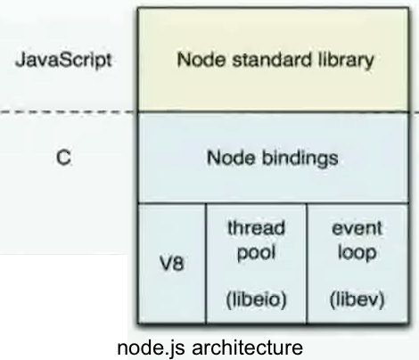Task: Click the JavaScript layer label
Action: click(x=63, y=61)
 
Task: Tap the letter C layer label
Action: click(x=63, y=158)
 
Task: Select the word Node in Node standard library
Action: click(x=201, y=60)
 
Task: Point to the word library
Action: click(x=346, y=61)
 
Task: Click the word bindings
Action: click(x=300, y=158)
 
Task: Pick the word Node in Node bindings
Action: click(x=231, y=158)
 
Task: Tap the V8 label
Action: click(x=171, y=263)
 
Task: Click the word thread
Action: click(x=256, y=228)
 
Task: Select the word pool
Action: click(x=256, y=253)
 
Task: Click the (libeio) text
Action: click(x=256, y=299)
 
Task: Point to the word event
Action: click(x=357, y=229)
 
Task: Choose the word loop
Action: click(x=357, y=253)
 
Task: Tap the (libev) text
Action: click(x=357, y=299)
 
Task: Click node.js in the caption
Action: click(x=152, y=348)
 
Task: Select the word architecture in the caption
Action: click(x=247, y=347)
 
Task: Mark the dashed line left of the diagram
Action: click(x=69, y=112)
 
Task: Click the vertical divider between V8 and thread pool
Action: click(x=206, y=264)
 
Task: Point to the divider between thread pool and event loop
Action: click(x=307, y=264)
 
